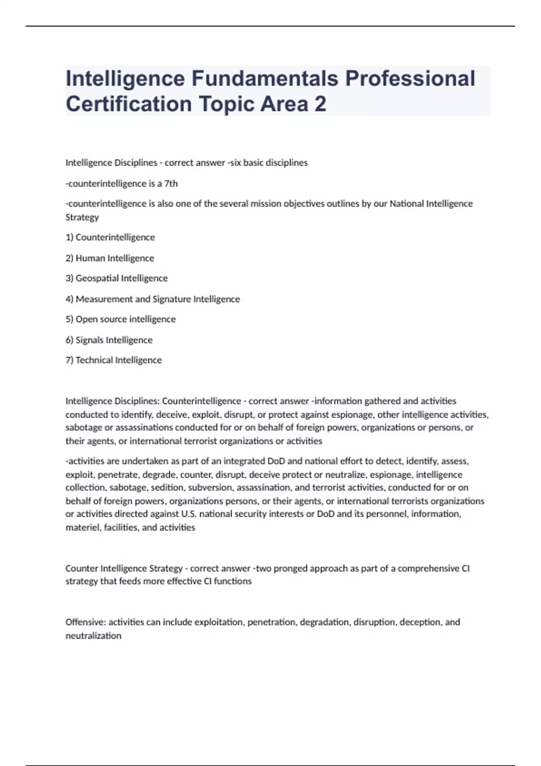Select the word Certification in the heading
[129, 104]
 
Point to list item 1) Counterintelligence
[110, 237]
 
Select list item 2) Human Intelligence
[110, 258]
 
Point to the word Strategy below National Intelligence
[82, 217]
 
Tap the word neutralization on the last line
[93, 636]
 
